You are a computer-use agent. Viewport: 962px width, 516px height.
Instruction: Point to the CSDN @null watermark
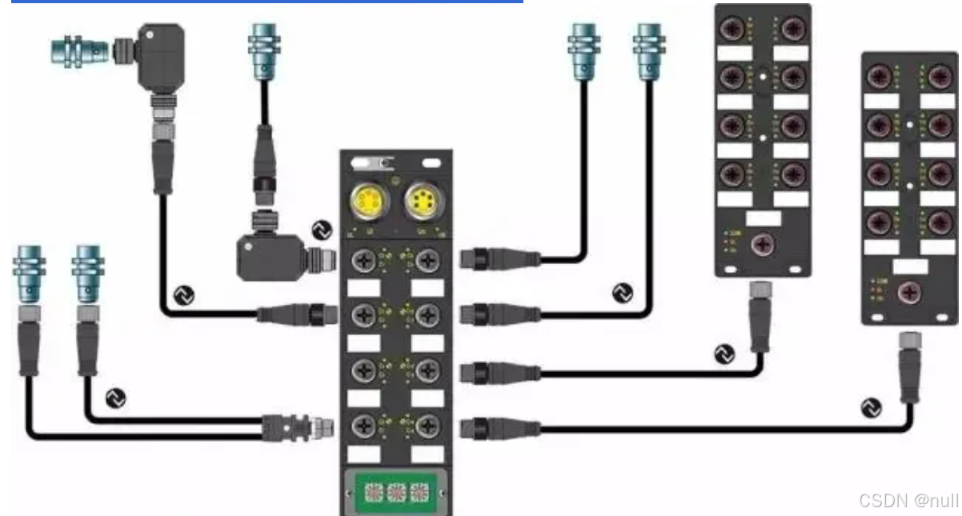click(908, 501)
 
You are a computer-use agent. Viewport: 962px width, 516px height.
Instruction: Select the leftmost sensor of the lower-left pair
click(30, 272)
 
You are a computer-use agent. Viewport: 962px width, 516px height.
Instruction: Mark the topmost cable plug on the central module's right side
click(496, 258)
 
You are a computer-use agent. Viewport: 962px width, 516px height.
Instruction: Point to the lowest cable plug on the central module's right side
click(496, 428)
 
